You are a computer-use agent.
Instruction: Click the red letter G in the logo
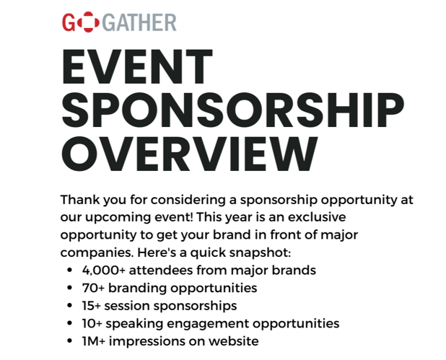pos(70,22)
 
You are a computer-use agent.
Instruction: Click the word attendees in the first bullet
pos(162,271)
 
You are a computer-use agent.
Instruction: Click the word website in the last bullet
pos(233,341)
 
